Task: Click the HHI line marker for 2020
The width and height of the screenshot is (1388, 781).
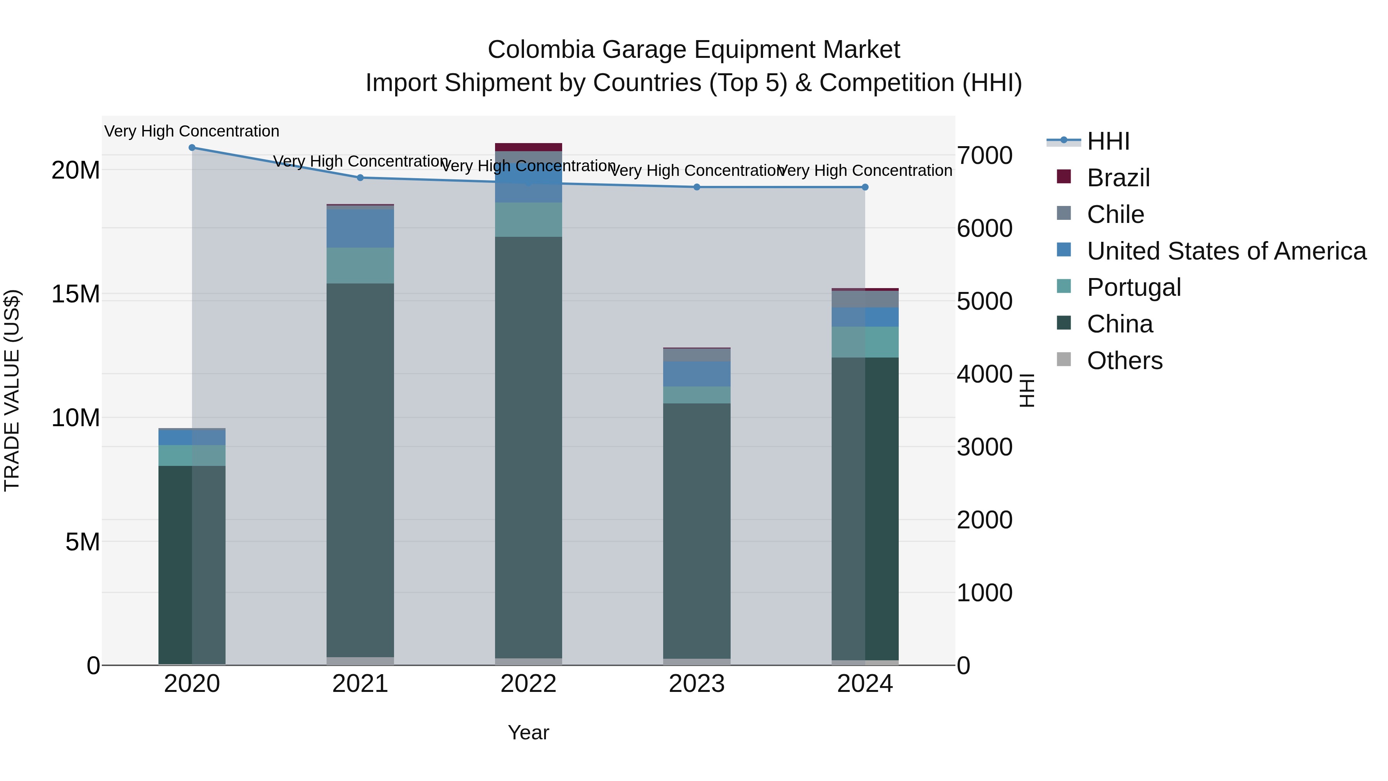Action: (192, 148)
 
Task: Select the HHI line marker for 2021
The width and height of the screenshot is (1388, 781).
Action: (360, 178)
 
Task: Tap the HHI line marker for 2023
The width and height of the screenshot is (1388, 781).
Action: (697, 187)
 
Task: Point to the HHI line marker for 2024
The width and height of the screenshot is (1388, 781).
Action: (865, 187)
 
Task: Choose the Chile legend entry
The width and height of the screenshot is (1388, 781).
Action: (1115, 214)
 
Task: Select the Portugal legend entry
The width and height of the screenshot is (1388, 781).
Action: (1133, 287)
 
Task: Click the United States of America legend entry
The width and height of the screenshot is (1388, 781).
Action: (1226, 251)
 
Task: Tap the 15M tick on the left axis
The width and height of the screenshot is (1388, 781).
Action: (76, 294)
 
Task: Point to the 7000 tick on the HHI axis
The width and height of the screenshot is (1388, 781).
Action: (984, 156)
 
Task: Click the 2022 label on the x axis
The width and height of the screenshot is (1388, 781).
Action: (528, 684)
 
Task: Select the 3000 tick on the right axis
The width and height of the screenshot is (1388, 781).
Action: (984, 447)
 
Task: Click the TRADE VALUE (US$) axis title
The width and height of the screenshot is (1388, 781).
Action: (12, 390)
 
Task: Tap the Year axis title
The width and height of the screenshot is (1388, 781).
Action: (528, 732)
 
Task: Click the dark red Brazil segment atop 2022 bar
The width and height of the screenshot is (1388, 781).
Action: (528, 147)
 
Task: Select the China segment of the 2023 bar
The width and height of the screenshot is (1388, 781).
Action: (697, 531)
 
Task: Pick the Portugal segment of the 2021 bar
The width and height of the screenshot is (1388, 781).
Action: (360, 266)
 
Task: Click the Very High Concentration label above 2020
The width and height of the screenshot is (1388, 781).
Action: (192, 131)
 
